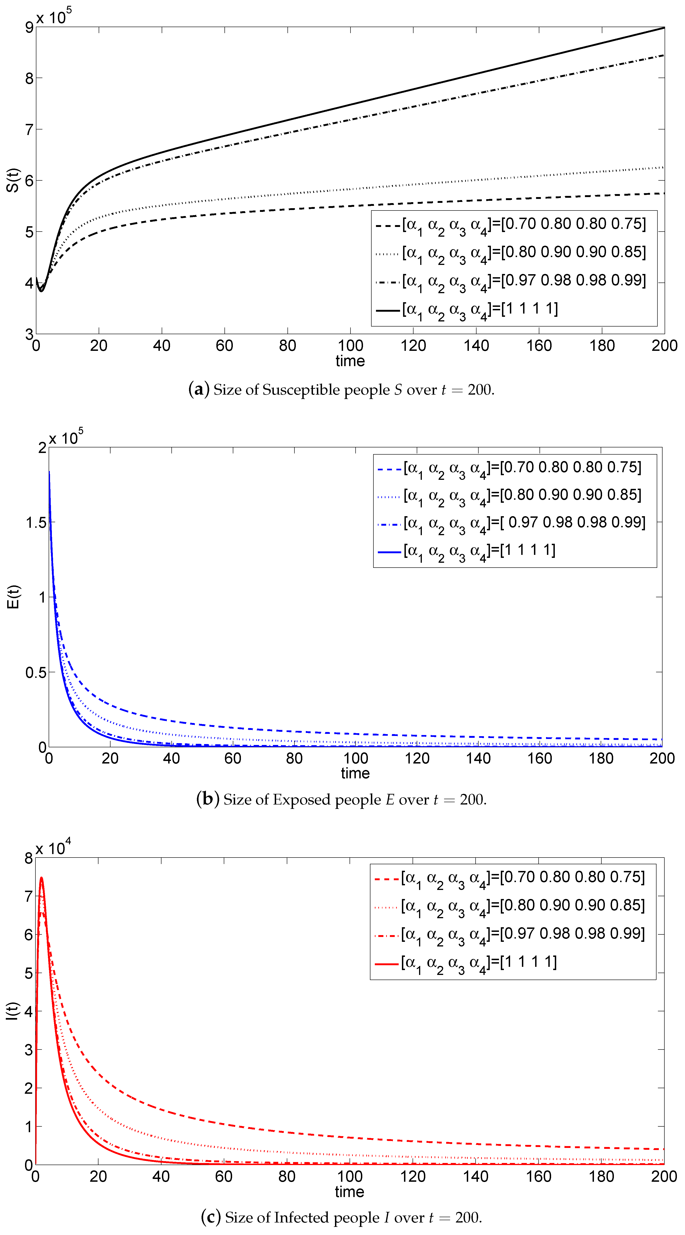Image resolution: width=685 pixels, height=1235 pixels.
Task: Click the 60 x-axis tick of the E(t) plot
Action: click(x=233, y=758)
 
